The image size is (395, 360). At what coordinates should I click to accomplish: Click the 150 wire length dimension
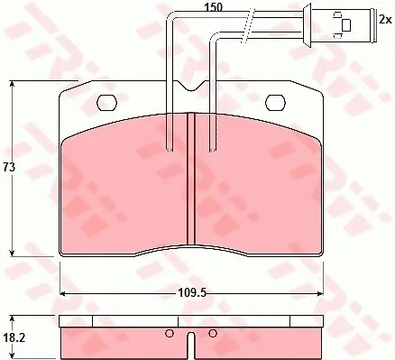coord(213,7)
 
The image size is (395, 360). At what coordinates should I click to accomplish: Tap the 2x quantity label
coord(386,20)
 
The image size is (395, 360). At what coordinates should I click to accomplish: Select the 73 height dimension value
coord(9,168)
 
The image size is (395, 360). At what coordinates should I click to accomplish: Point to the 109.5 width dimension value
coord(192,292)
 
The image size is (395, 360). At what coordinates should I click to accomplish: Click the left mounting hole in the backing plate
coord(106,103)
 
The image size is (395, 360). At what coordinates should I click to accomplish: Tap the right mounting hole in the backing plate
coord(275,102)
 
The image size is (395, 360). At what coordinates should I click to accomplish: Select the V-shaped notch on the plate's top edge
coord(191,86)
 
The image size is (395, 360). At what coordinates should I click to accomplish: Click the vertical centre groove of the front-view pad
coord(191,179)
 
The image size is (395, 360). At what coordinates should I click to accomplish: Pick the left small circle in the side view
coord(170,333)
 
